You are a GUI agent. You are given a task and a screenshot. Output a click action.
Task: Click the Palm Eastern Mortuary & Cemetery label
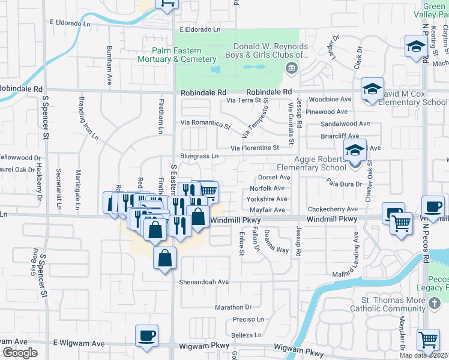[176, 55]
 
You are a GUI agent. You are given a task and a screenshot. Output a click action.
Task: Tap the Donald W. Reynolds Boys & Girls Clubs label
[270, 51]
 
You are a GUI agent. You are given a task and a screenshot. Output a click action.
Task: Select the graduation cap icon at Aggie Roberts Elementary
[355, 150]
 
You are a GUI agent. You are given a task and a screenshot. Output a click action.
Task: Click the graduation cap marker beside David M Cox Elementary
[372, 89]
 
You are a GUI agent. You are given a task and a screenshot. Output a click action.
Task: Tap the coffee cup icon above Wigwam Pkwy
[146, 335]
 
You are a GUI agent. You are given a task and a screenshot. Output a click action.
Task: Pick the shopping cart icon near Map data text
[428, 339]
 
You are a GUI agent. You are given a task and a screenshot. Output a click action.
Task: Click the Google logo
[20, 353]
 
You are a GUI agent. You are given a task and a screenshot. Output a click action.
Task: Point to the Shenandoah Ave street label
[204, 281]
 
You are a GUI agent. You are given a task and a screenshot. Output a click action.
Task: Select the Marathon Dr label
[234, 307]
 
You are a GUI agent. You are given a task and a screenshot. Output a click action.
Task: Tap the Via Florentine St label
[255, 148]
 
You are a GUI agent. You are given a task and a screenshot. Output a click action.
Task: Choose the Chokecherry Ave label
[333, 209]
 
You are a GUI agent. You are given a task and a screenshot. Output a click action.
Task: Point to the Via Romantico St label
[206, 124]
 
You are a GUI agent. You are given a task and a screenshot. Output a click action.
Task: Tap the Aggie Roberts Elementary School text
[320, 163]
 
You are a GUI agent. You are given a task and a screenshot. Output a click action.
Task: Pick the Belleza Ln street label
[247, 335]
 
